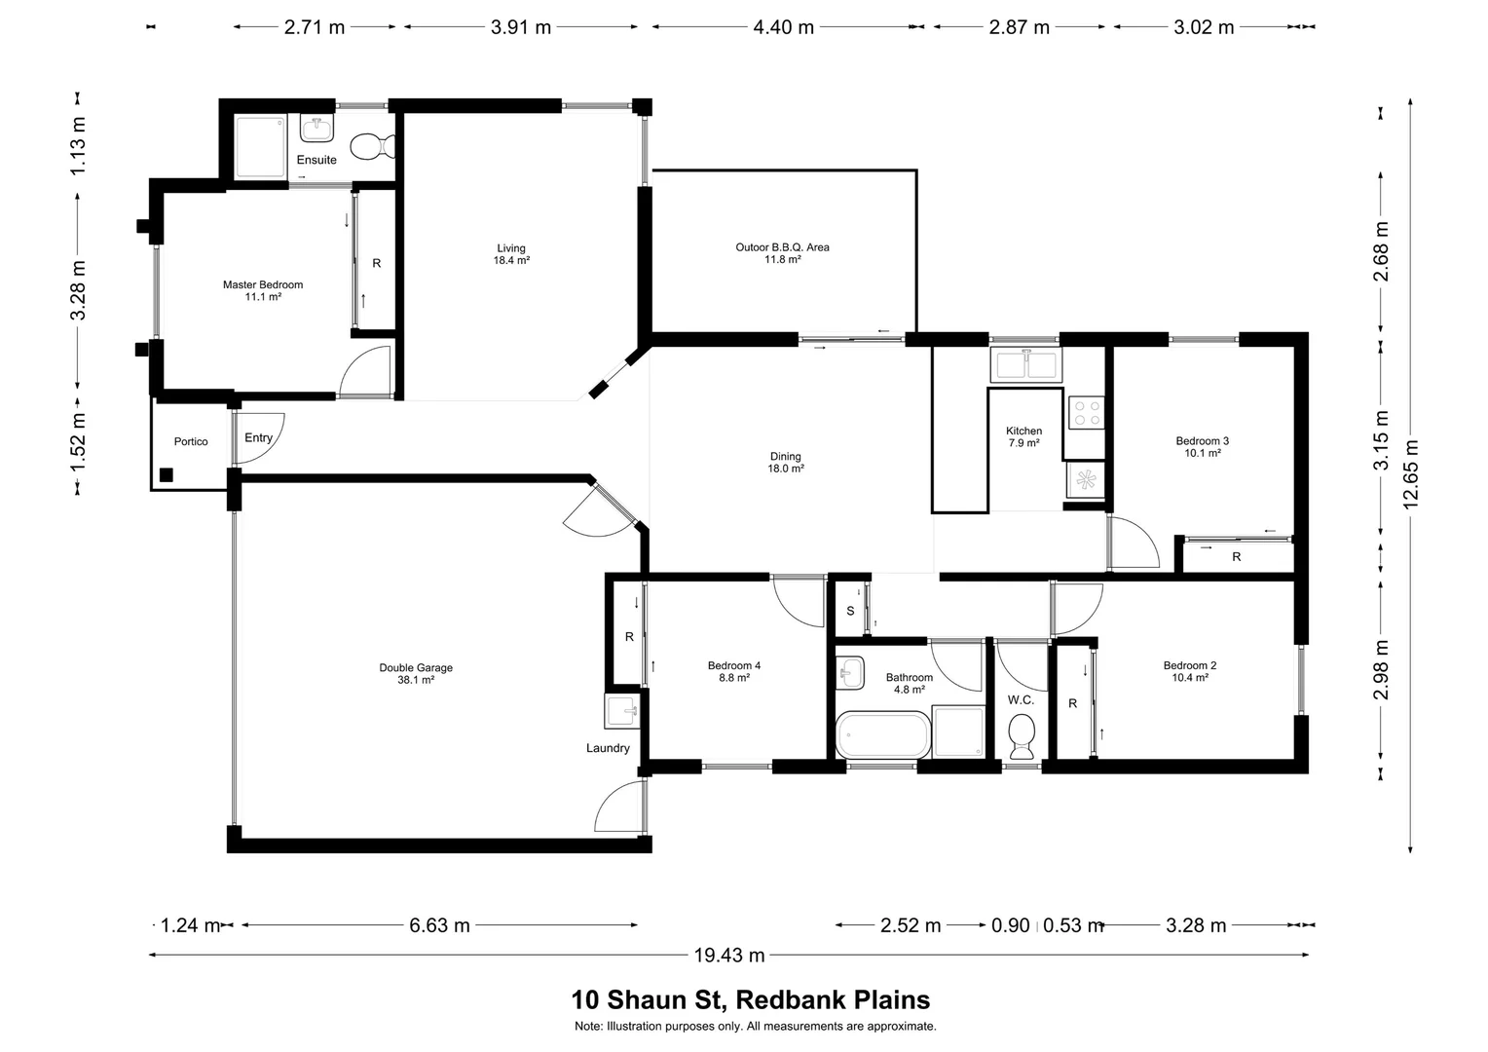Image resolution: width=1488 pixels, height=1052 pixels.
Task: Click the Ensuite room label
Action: (316, 160)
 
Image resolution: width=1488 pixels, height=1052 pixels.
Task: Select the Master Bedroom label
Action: (263, 290)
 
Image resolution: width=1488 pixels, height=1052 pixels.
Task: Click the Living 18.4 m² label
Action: (511, 254)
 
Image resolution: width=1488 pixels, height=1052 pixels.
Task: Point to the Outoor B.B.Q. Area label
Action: (782, 253)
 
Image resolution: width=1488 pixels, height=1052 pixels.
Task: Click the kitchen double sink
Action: (1025, 364)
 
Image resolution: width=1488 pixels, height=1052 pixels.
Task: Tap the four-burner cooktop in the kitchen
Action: (1086, 412)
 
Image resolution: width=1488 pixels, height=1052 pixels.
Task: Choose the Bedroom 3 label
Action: (1202, 446)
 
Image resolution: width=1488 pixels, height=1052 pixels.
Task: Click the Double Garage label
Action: (416, 673)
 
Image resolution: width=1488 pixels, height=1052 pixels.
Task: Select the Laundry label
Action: (608, 748)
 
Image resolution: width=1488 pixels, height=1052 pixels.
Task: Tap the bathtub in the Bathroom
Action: (883, 735)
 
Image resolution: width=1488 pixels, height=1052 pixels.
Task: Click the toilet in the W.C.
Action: (1022, 735)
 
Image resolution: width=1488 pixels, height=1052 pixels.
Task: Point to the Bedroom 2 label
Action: (1189, 671)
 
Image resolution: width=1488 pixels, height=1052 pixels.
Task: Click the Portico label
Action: (191, 441)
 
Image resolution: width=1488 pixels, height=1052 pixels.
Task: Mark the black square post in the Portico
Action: (167, 475)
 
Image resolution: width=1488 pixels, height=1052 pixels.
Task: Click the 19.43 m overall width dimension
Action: (728, 956)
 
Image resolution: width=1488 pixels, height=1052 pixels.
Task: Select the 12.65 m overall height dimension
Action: (1411, 474)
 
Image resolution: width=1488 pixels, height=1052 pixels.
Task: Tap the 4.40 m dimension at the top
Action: (783, 27)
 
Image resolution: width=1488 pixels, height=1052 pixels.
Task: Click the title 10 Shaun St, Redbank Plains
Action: (750, 1000)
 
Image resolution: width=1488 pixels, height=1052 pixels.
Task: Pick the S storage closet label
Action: (850, 611)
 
